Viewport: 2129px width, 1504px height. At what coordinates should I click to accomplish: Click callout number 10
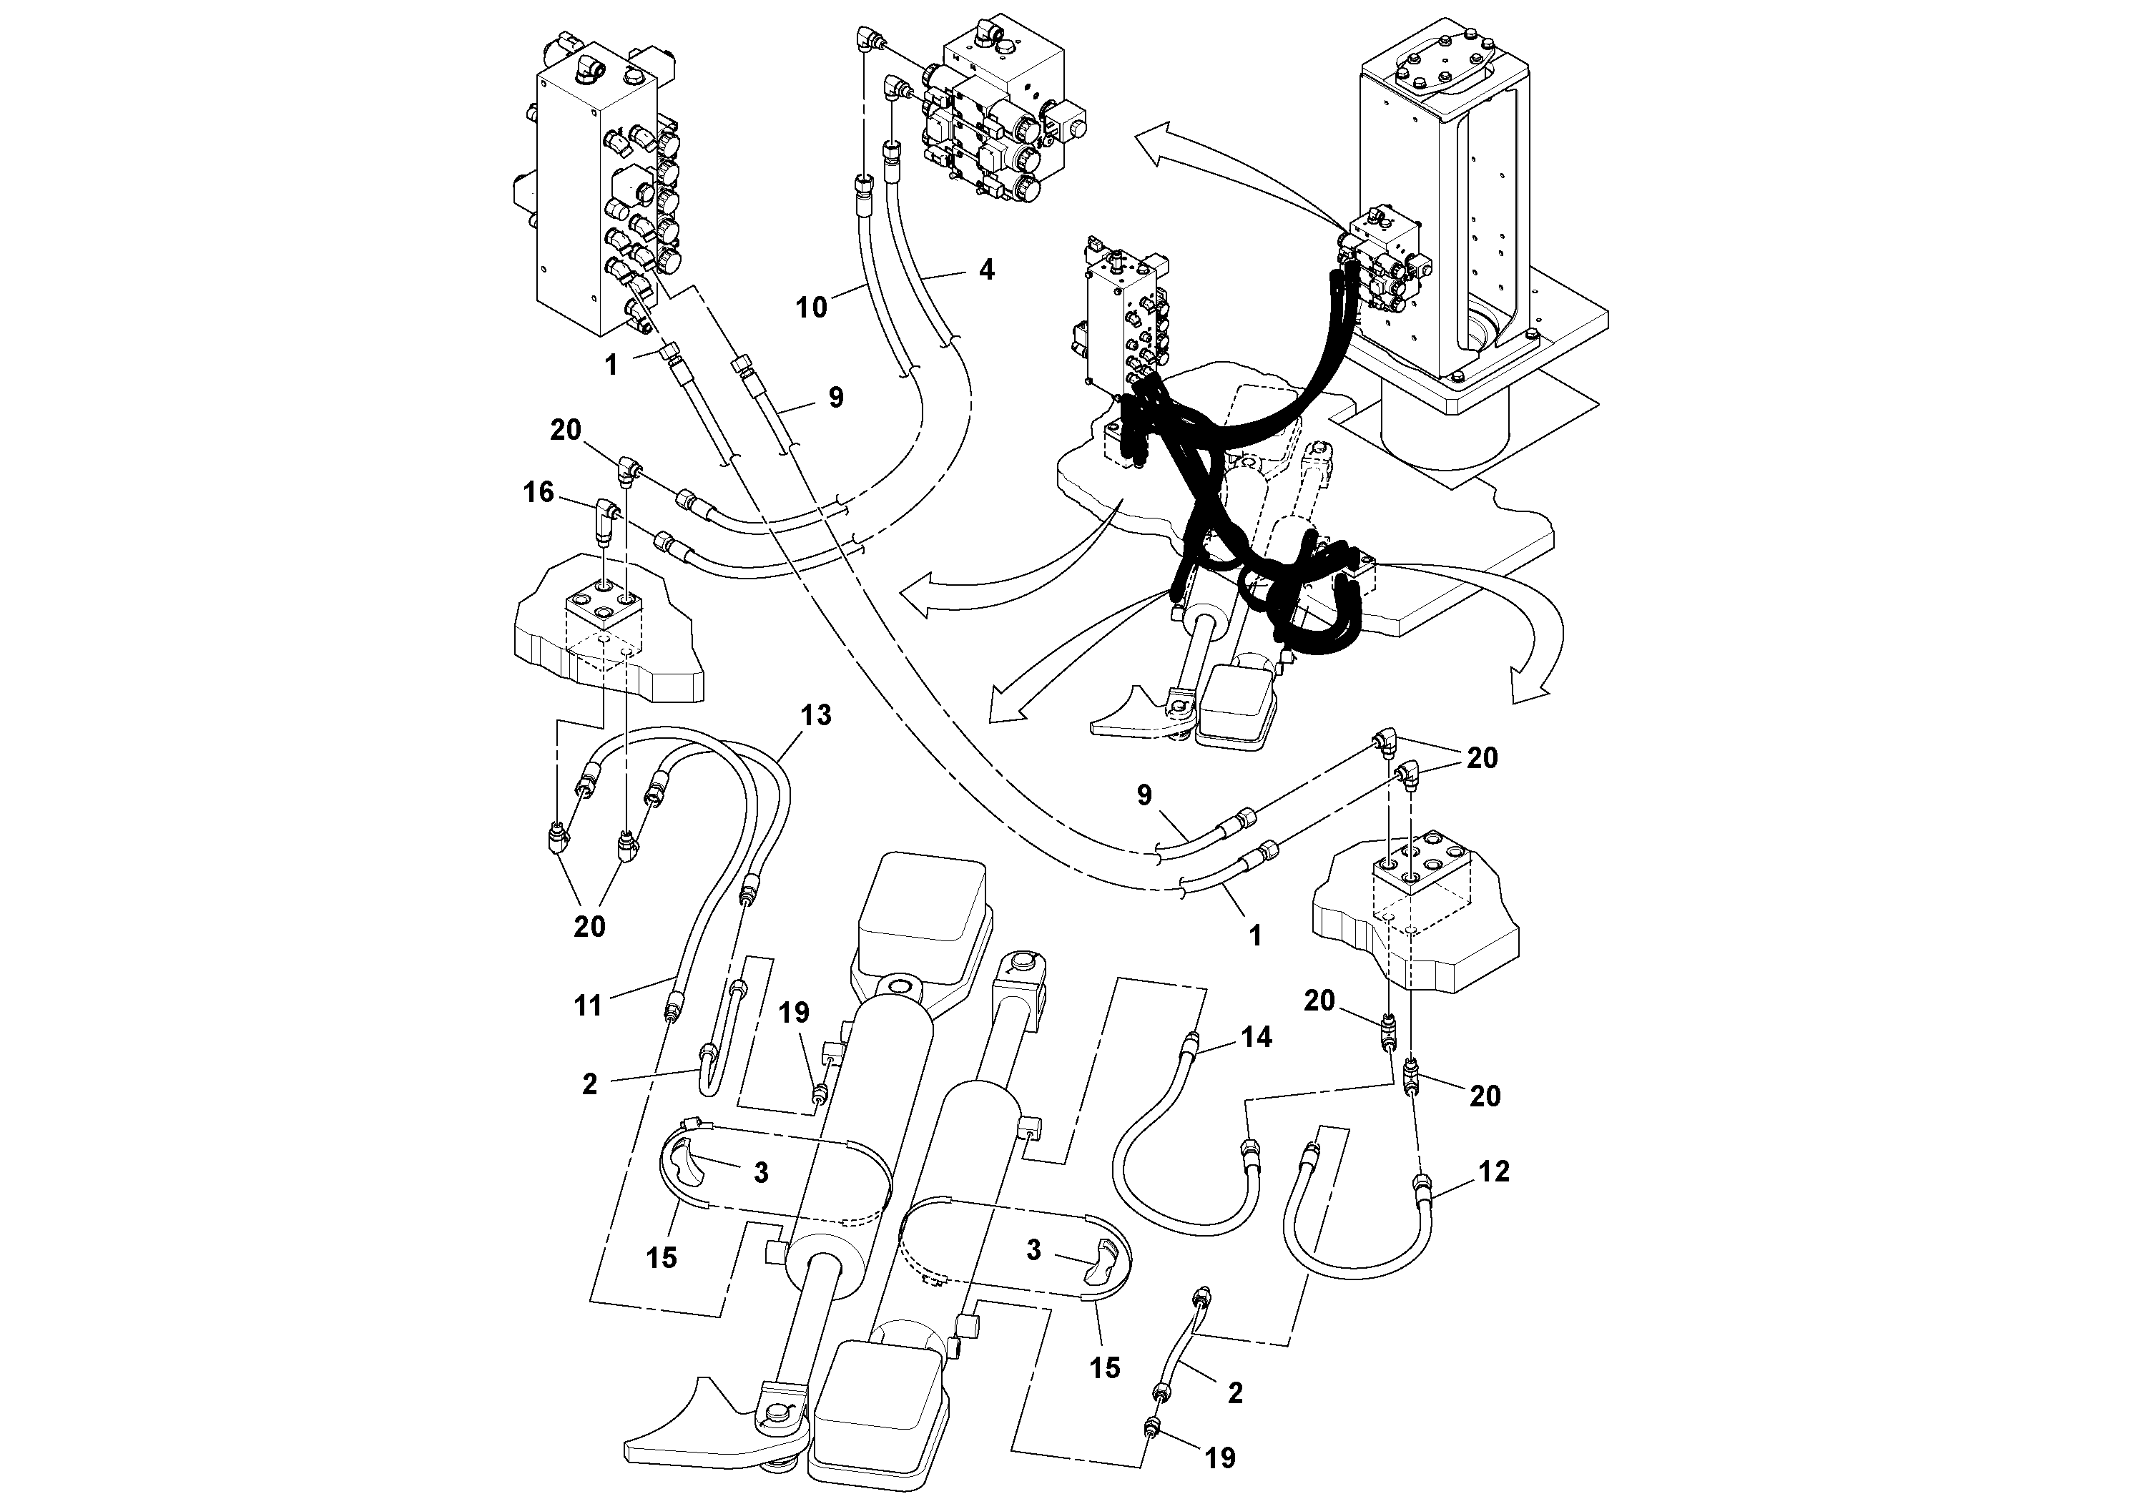812,306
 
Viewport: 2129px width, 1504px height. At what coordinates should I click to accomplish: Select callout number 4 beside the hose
987,269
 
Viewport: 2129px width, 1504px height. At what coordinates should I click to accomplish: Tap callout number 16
539,491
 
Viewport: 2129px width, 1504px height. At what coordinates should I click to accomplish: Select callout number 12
1494,1171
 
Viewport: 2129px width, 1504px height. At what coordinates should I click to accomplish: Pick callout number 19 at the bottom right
1220,1458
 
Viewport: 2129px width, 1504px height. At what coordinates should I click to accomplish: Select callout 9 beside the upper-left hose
835,397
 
